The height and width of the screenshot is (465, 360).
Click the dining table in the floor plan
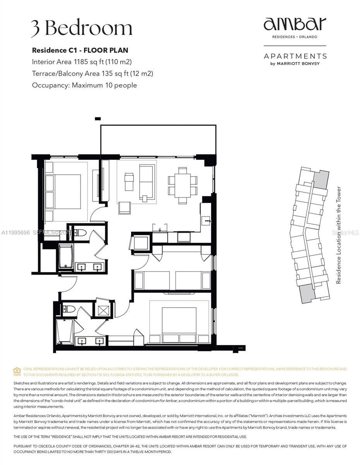pos(183,185)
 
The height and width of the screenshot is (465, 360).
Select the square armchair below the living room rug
pos(125,208)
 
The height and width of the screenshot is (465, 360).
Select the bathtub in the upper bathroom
pos(66,257)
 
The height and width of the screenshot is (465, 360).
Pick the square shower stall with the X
pos(104,310)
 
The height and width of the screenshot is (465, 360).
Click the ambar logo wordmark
pos(295,24)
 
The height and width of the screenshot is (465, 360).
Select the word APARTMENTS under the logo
pos(295,56)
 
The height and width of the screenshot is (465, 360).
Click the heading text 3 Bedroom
pos(82,29)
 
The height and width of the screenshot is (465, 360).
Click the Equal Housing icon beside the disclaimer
pos(17,371)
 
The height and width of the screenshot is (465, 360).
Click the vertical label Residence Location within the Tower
pos(339,235)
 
